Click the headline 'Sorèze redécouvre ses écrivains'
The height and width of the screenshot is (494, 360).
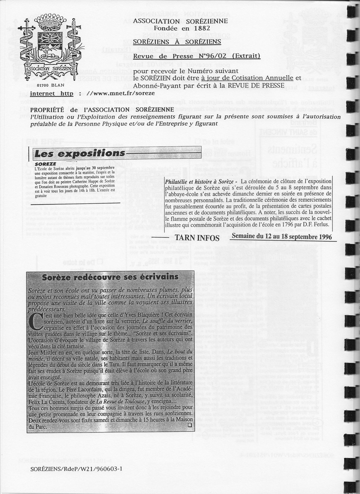[110, 277]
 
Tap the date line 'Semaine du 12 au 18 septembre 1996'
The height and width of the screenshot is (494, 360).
[282, 237]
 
